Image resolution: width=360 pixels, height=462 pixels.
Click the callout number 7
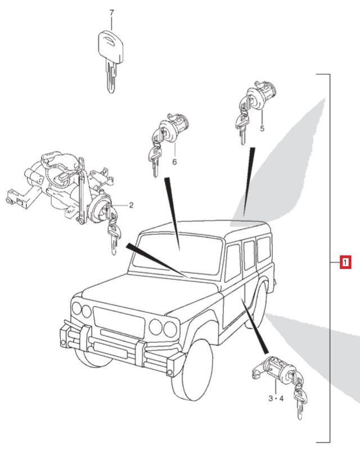coord(111,12)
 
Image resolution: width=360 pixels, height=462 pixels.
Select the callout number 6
coord(174,162)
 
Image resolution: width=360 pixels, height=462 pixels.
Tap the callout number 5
coord(262,129)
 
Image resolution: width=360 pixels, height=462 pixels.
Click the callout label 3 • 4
coord(276,398)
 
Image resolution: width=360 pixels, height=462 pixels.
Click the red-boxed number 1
coord(345,262)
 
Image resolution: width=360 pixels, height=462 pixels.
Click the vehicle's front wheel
coord(194,371)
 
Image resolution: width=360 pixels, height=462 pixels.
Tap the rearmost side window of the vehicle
coord(263,250)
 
